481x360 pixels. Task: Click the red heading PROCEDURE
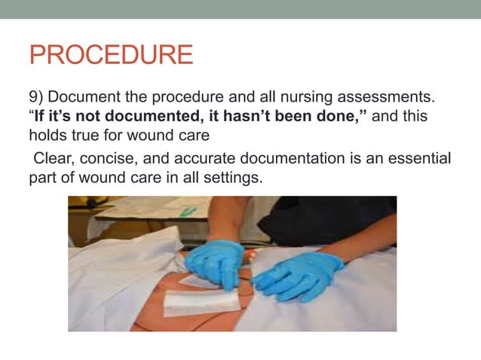tap(111, 55)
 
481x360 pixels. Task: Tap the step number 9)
tap(37, 99)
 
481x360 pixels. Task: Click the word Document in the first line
tap(87, 99)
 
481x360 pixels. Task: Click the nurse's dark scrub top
tap(332, 218)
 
